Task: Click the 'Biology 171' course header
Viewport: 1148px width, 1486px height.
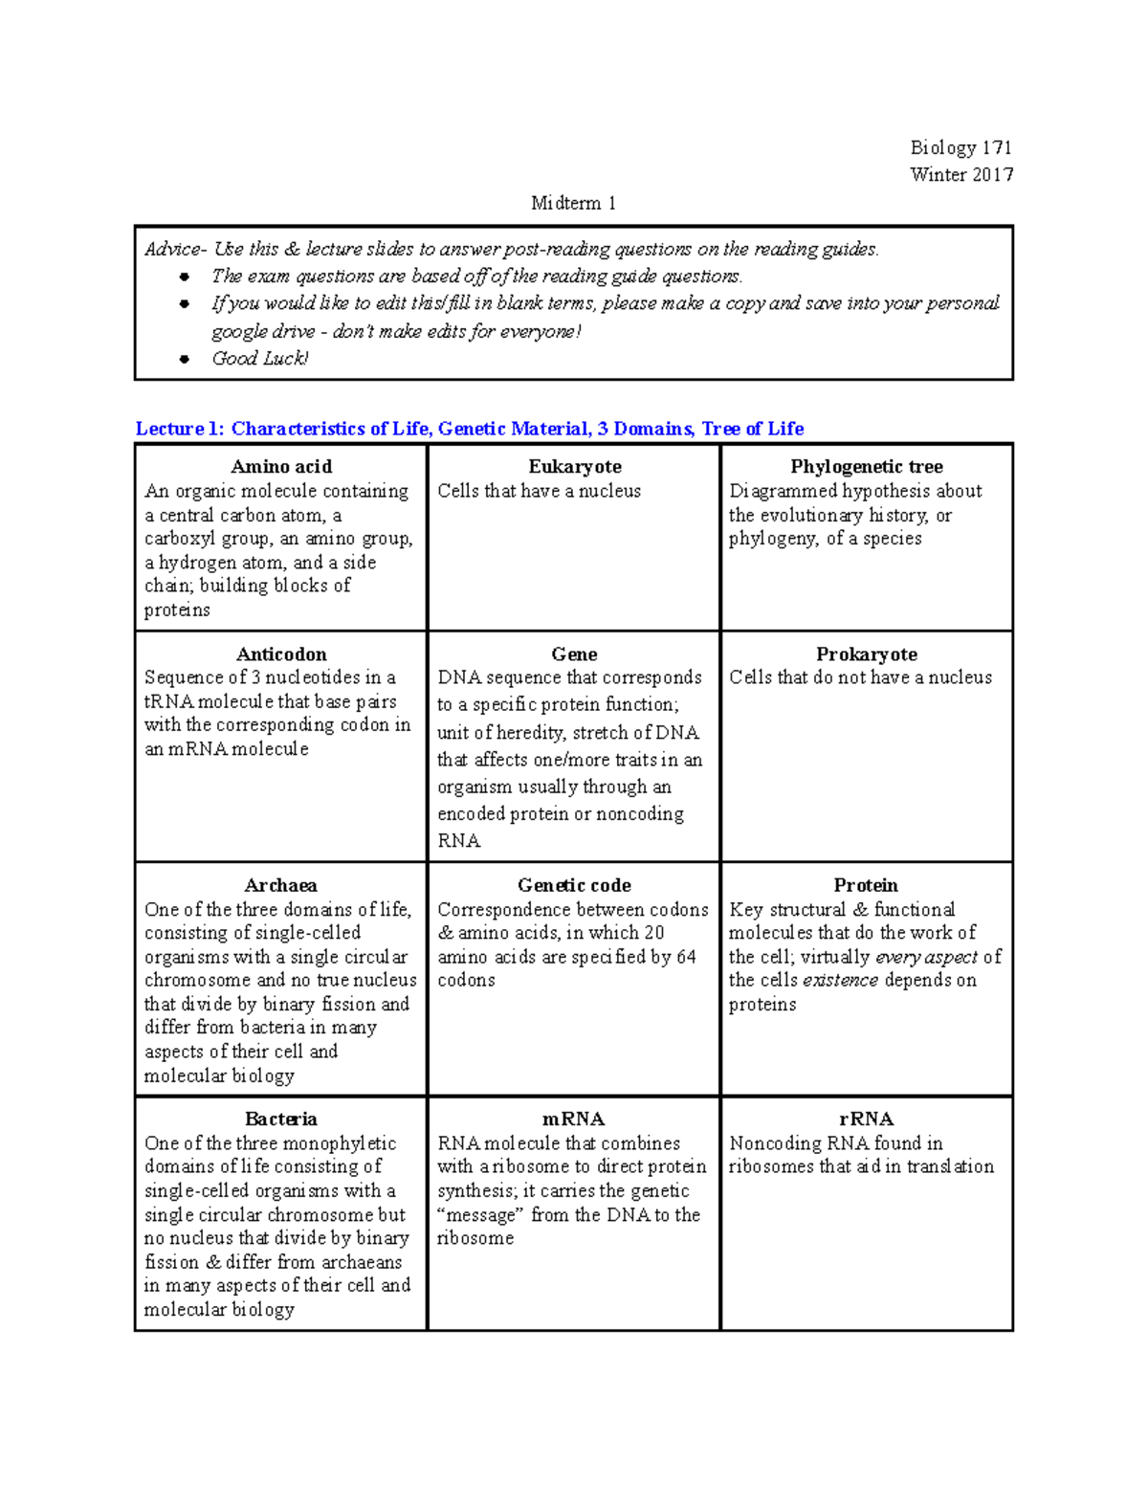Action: coord(960,147)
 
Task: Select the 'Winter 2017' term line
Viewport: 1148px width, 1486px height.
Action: coord(960,174)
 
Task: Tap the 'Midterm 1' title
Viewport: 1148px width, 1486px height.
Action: coord(573,203)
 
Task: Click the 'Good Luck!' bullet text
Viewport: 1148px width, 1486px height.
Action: coord(259,359)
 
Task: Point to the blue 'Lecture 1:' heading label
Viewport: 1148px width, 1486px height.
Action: coord(179,429)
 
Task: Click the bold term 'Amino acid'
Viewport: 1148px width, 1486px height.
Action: coord(281,467)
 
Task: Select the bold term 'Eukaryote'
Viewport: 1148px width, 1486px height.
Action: coord(574,467)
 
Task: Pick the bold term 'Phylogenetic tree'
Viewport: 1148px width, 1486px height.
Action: coord(866,467)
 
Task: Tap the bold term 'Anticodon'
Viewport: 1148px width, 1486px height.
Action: coord(281,654)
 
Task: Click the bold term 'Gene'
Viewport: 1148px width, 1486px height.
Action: coord(574,654)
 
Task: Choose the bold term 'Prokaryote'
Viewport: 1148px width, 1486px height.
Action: coord(866,654)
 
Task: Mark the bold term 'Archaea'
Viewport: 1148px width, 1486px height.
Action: coord(281,886)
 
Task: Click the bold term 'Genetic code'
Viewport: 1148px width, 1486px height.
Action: coord(574,886)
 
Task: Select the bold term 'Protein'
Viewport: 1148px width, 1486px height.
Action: coord(866,886)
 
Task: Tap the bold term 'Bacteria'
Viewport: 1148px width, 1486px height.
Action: coord(281,1120)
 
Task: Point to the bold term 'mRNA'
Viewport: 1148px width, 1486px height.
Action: coord(574,1120)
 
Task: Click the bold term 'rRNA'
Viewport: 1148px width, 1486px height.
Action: coord(866,1120)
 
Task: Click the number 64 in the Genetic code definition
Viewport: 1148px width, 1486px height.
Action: coord(686,957)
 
